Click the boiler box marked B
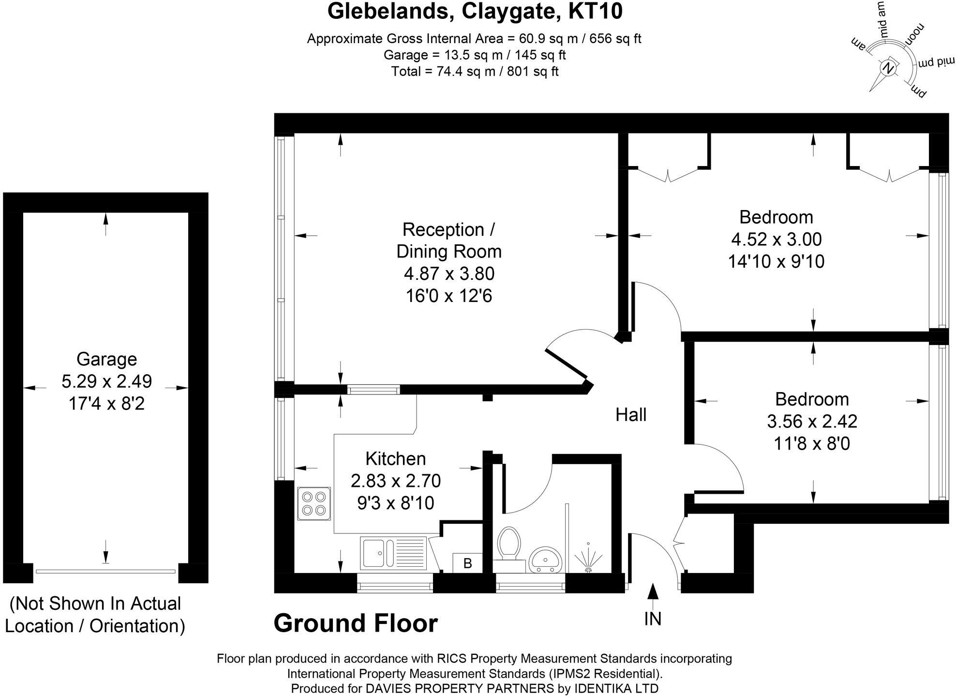(467, 563)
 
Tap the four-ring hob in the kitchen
(314, 503)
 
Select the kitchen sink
(393, 552)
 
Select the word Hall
(631, 415)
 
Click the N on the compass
(888, 68)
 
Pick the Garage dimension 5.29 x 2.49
(106, 381)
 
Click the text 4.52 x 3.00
(776, 239)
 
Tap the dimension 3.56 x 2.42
(812, 421)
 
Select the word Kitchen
(395, 458)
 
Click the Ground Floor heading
(356, 623)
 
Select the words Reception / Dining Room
(448, 240)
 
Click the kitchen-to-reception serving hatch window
(373, 389)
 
